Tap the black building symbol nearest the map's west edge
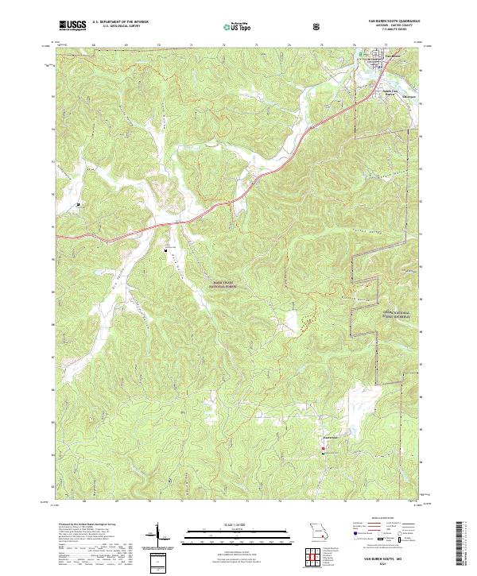(79, 205)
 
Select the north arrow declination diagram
(157, 536)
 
